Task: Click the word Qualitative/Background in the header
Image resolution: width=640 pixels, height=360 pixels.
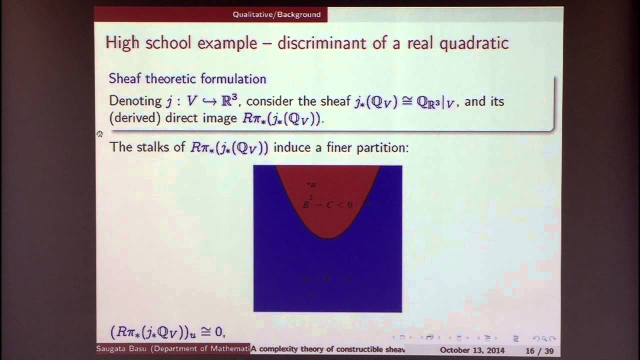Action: [276, 14]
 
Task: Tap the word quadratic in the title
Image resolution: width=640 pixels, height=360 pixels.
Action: [474, 43]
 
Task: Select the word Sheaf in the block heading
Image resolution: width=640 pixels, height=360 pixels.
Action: [125, 78]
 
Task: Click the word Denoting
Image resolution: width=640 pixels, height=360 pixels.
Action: [135, 101]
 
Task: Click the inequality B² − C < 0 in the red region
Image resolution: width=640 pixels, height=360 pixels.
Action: [327, 204]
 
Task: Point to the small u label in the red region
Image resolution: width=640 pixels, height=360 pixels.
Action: [312, 184]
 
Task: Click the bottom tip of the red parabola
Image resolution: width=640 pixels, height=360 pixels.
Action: [328, 237]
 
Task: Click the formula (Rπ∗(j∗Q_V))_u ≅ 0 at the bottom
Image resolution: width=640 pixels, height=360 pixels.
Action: [167, 331]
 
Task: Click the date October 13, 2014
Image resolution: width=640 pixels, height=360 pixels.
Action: [472, 350]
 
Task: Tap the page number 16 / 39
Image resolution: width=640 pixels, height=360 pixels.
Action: [539, 350]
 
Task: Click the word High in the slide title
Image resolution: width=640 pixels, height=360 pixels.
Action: [123, 43]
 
